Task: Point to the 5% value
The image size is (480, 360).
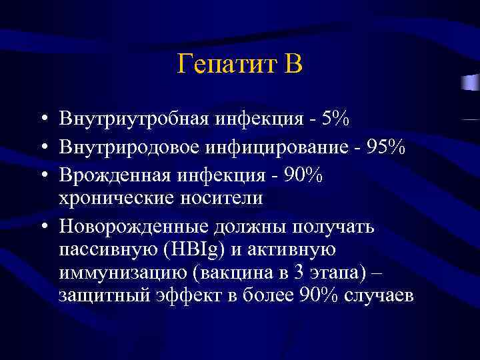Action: [x=333, y=119]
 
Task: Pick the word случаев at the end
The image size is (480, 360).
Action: [x=382, y=297]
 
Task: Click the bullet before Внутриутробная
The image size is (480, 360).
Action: [x=43, y=120]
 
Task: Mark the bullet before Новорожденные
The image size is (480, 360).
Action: [x=43, y=226]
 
